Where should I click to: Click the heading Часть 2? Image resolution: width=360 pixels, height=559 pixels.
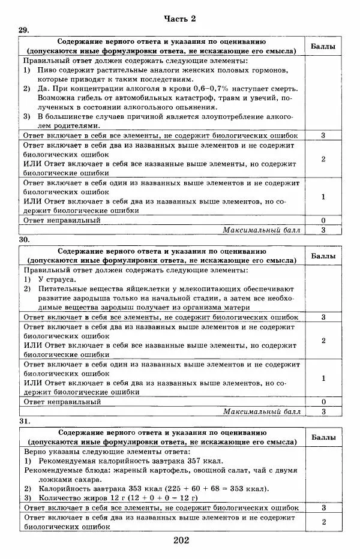pyautogui.click(x=180, y=19)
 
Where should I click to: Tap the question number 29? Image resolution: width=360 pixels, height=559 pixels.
pyautogui.click(x=23, y=30)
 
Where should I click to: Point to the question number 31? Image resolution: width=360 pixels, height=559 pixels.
pyautogui.click(x=23, y=421)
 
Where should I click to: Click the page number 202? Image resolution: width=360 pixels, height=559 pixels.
pyautogui.click(x=181, y=540)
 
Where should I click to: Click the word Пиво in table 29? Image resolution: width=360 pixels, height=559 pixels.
pyautogui.click(x=47, y=70)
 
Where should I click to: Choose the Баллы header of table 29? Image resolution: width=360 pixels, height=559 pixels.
pyautogui.click(x=323, y=46)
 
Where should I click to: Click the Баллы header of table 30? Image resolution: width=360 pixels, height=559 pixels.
pyautogui.click(x=323, y=256)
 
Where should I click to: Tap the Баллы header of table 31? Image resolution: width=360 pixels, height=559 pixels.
pyautogui.click(x=323, y=438)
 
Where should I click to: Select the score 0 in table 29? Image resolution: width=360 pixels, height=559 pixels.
pyautogui.click(x=323, y=220)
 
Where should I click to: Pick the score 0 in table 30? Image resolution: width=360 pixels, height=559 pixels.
pyautogui.click(x=323, y=402)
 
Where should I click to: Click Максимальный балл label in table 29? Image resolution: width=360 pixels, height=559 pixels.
pyautogui.click(x=261, y=230)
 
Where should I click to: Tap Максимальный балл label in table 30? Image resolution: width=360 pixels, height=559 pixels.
pyautogui.click(x=261, y=411)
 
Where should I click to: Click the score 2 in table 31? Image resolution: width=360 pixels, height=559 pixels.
pyautogui.click(x=323, y=522)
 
